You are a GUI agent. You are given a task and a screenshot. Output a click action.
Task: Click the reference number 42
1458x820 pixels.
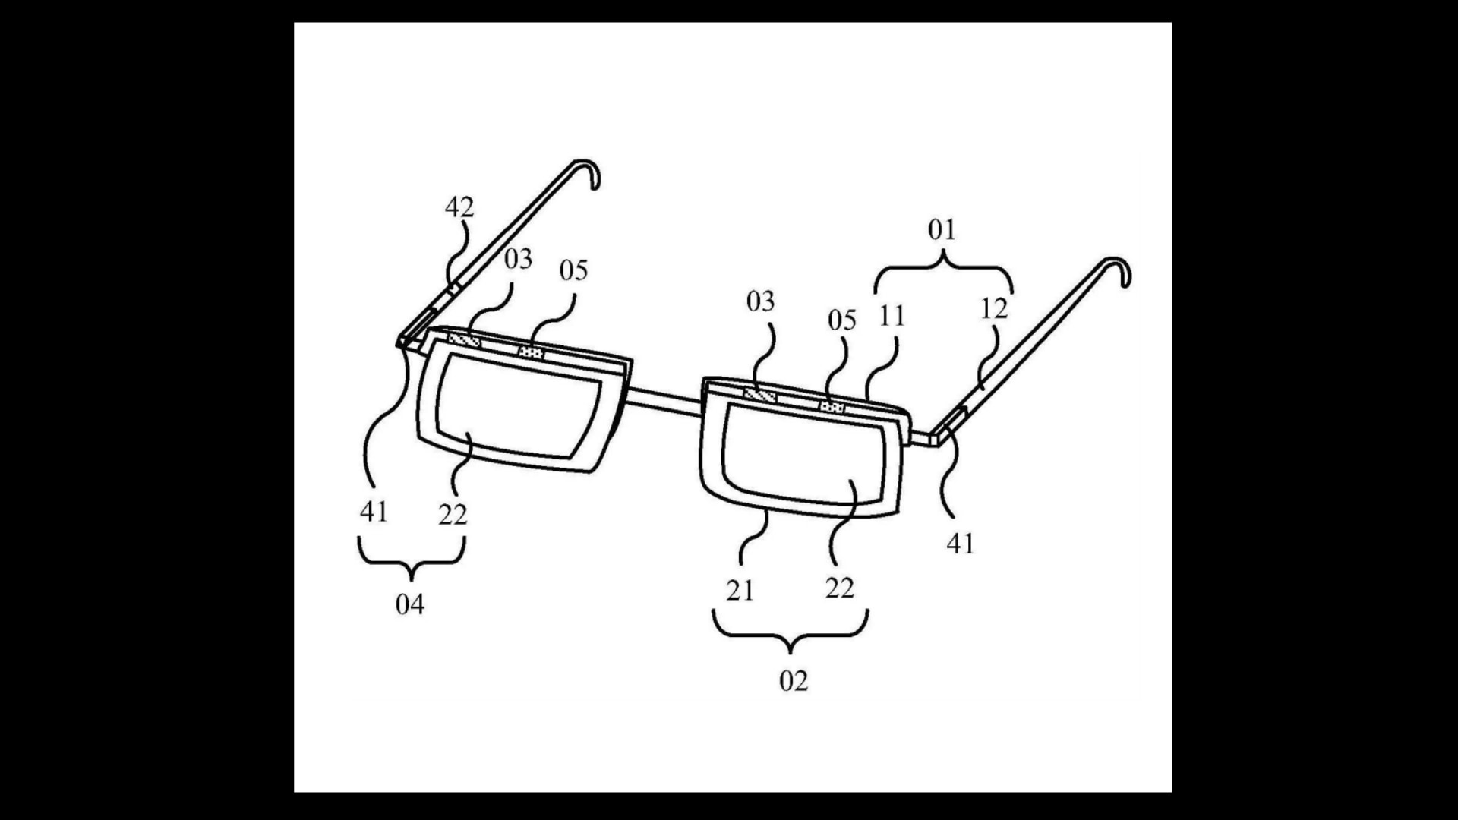click(x=459, y=207)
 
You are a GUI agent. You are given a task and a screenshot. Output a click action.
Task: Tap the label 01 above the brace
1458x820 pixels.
click(x=942, y=229)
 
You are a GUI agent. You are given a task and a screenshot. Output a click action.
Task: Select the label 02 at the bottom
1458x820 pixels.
click(x=794, y=681)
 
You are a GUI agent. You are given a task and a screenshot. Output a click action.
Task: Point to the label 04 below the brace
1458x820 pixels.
click(x=410, y=604)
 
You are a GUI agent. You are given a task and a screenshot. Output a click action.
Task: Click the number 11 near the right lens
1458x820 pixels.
click(x=892, y=316)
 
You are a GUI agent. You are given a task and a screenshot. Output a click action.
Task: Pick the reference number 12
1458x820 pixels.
click(x=994, y=308)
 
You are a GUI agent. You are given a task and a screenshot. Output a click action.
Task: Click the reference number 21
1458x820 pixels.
click(x=740, y=590)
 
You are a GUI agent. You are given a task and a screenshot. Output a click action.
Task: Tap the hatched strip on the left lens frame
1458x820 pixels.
click(x=464, y=341)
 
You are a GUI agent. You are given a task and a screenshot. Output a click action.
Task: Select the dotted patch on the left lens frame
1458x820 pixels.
click(x=532, y=352)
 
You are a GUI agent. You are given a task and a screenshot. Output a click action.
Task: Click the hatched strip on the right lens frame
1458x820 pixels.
click(x=760, y=396)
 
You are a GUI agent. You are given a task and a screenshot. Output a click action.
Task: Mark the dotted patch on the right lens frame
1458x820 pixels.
click(x=832, y=408)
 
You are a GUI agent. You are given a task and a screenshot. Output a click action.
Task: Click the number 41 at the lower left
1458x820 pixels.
click(x=374, y=512)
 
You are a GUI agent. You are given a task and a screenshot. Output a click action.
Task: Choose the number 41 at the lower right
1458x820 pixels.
click(x=961, y=543)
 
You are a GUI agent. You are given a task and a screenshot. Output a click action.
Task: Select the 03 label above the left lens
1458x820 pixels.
click(x=518, y=259)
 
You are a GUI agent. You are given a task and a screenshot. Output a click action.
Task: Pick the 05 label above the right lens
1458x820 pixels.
click(x=842, y=320)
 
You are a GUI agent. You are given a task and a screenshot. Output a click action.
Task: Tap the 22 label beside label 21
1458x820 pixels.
click(x=840, y=588)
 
